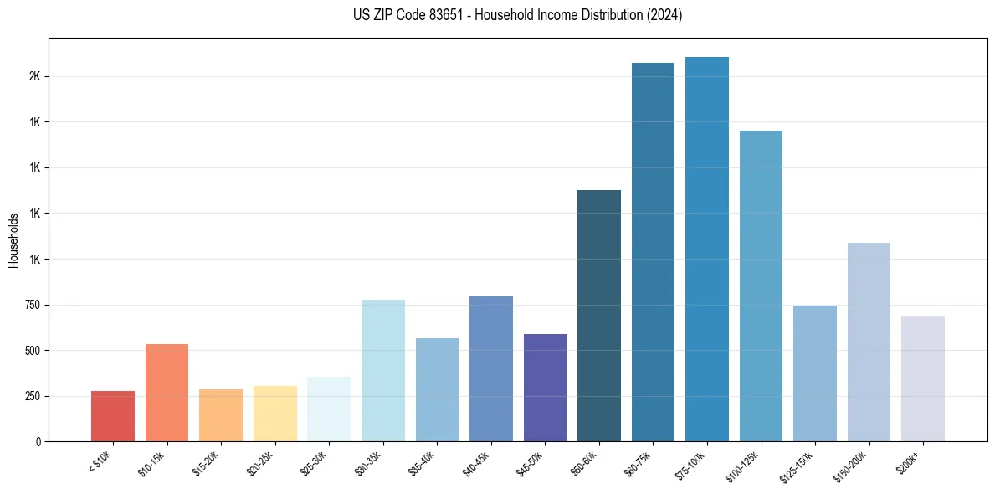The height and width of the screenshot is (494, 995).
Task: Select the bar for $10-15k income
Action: pos(167,393)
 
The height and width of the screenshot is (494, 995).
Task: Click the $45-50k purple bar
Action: pos(545,388)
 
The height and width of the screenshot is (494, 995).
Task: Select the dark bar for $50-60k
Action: pos(599,316)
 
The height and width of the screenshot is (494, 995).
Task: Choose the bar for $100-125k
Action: pos(761,286)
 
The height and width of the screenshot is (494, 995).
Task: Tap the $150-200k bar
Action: pos(869,342)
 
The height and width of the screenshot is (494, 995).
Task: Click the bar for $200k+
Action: pos(923,378)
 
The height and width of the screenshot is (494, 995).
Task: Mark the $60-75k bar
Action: pos(653,252)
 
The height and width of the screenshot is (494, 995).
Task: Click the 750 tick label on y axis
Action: pos(33,305)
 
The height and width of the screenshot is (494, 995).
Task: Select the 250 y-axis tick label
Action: pos(33,396)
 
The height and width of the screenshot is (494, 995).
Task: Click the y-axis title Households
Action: pos(13,240)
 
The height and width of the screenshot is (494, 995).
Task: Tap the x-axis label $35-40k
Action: pos(423,464)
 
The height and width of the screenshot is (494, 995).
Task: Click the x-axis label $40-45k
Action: pos(476,464)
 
